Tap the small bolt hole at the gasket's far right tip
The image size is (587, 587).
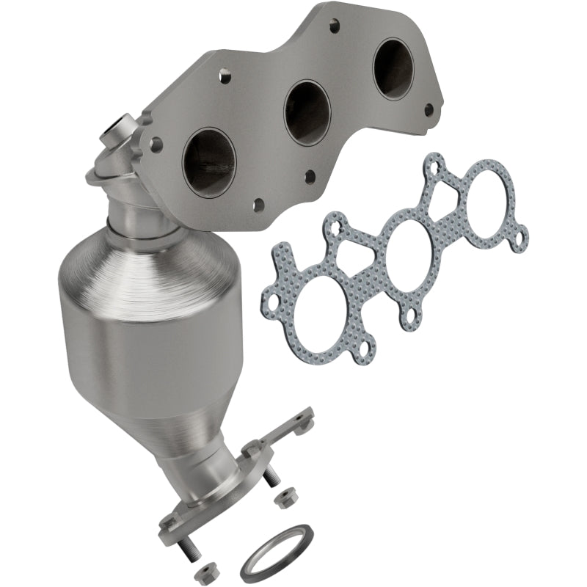[522, 238]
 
